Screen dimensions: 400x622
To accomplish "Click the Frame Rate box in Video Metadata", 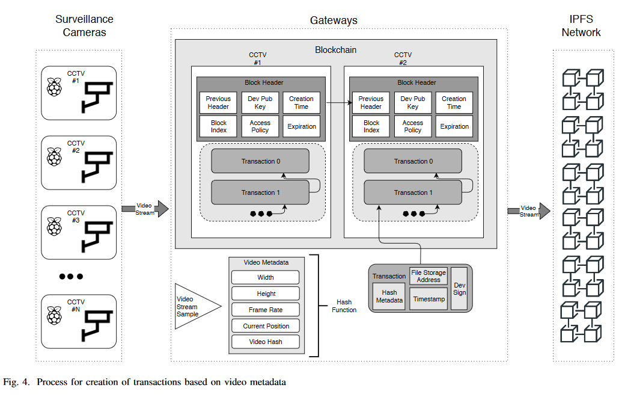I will pyautogui.click(x=266, y=310).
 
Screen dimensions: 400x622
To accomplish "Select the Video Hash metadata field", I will pyautogui.click(x=266, y=342).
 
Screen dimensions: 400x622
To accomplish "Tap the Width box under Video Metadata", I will pyautogui.click(x=266, y=277).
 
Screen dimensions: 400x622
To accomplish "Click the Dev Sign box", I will pyautogui.click(x=459, y=289).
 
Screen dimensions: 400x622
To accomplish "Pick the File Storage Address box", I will pyautogui.click(x=428, y=276).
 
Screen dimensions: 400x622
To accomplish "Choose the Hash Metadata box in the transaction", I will pyautogui.click(x=389, y=297).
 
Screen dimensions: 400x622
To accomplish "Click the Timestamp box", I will pyautogui.click(x=429, y=299).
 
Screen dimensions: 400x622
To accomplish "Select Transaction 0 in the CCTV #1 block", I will pyautogui.click(x=260, y=161).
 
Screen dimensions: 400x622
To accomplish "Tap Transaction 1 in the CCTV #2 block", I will pyautogui.click(x=413, y=192).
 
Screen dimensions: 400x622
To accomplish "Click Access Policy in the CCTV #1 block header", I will pyautogui.click(x=260, y=126).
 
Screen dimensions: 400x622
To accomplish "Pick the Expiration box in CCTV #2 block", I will pyautogui.click(x=454, y=126).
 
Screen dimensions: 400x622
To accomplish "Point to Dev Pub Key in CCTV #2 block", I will pyautogui.click(x=413, y=102).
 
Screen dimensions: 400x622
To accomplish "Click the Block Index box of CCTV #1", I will pyautogui.click(x=219, y=126).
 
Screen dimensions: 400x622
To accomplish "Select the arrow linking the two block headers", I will pyautogui.click(x=337, y=103).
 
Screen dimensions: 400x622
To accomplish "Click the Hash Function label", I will pyautogui.click(x=344, y=306).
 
